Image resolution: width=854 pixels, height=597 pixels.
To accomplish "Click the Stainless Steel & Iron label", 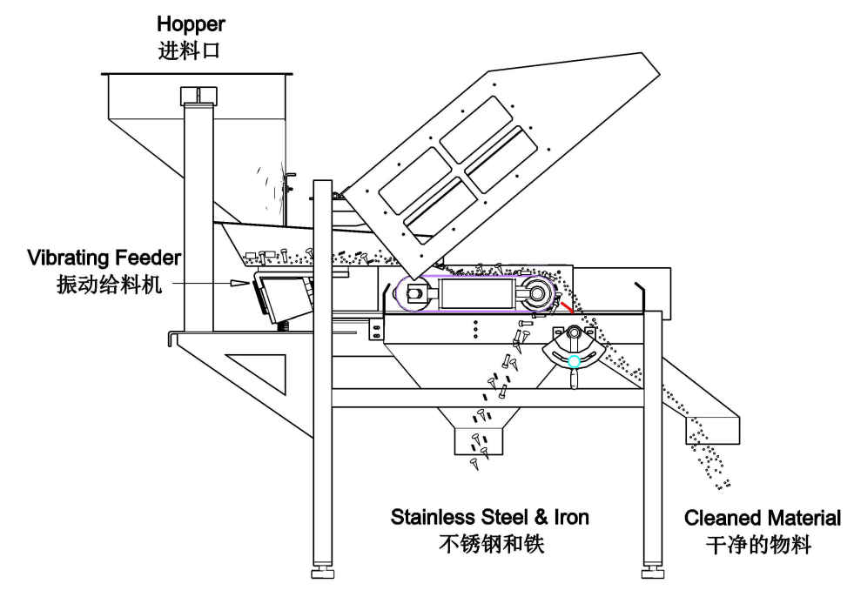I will pos(489,518).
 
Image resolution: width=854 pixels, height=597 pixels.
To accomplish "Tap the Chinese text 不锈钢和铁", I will pos(489,545).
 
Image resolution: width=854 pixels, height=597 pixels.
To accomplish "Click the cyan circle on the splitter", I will pos(574,361).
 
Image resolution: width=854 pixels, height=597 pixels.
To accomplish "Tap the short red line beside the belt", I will pos(566,307).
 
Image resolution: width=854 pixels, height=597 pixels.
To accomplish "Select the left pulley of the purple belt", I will pos(414,294).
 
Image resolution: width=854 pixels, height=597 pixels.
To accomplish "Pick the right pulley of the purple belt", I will pos(538,293).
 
